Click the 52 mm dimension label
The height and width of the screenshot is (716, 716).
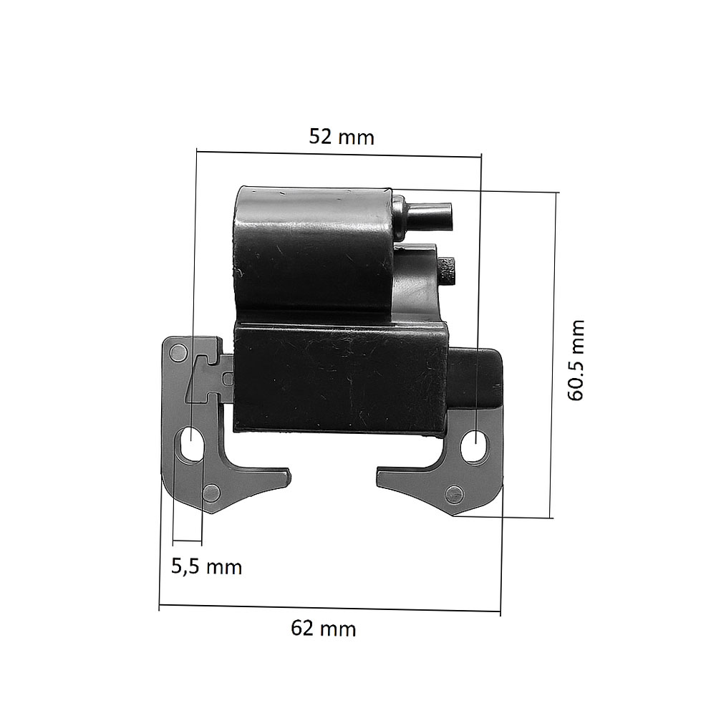342,137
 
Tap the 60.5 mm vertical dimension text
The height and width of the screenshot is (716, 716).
577,360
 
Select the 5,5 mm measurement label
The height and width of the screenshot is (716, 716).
206,567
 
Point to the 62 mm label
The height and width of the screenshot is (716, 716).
323,629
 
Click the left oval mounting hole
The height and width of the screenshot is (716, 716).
193,445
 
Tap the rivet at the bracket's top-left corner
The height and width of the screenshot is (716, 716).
177,352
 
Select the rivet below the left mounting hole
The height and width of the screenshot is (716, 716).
211,492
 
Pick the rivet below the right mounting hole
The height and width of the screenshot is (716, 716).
453,493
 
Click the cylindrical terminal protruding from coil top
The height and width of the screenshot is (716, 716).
428,215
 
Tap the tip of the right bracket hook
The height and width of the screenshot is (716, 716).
380,473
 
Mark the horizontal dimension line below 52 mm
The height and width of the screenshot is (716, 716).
339,154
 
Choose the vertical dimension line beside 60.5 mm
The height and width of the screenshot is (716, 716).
553,354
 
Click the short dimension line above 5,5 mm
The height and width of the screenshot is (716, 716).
188,539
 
